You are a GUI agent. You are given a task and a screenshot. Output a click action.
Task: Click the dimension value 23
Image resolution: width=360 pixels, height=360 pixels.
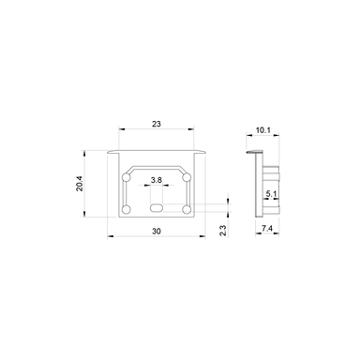[157, 122]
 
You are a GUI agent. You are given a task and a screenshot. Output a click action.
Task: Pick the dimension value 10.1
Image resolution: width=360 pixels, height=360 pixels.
[262, 132]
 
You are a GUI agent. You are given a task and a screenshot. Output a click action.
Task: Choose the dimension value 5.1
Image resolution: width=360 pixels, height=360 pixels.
[270, 195]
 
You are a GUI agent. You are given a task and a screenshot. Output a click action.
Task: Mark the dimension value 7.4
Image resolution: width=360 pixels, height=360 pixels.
[267, 228]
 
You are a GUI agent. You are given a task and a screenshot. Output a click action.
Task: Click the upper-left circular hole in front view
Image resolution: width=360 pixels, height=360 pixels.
[127, 176]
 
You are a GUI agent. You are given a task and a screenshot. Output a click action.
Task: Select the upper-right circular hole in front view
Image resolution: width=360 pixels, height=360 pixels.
[187, 176]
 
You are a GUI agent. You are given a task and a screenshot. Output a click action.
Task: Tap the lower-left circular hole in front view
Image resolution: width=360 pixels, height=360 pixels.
[127, 207]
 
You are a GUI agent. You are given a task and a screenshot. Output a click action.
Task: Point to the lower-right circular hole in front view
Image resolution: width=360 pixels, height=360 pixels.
[187, 207]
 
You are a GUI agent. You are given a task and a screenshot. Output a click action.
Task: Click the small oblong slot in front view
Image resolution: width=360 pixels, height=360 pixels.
[157, 206]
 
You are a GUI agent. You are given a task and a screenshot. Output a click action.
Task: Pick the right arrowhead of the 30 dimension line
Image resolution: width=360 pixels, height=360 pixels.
[203, 235]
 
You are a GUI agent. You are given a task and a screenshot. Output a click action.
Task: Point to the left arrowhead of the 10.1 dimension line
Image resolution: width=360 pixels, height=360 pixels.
[249, 141]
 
